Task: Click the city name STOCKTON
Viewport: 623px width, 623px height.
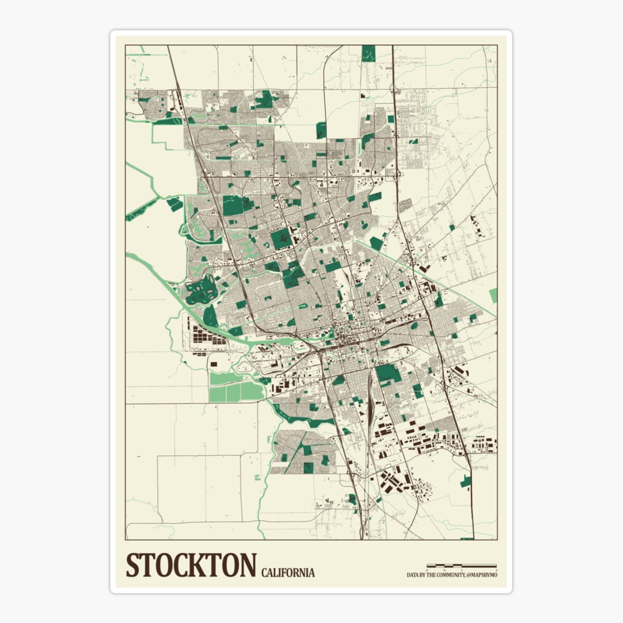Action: [x=192, y=565]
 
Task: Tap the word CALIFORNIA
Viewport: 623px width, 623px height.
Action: [x=288, y=573]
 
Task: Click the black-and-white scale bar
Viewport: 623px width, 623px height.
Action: [x=462, y=565]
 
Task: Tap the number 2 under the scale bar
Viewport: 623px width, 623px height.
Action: [x=496, y=570]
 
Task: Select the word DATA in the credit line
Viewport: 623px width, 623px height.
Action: [x=414, y=575]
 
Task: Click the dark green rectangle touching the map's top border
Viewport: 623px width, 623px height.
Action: [x=368, y=53]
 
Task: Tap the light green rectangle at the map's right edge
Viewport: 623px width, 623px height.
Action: [x=493, y=295]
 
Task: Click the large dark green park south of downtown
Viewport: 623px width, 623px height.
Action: [x=388, y=374]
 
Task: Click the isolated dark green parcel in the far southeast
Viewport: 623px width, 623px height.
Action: [x=465, y=481]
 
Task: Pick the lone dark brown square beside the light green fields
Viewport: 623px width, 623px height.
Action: [x=214, y=364]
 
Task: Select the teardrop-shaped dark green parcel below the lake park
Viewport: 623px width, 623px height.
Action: [x=211, y=316]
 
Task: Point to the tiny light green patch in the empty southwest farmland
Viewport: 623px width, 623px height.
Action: [x=258, y=477]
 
